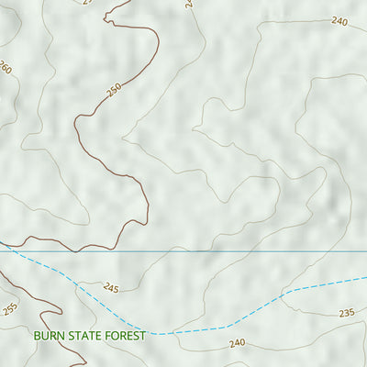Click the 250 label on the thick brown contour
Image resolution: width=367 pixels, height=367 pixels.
tap(114, 90)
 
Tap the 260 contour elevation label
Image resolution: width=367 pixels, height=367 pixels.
tap(6, 67)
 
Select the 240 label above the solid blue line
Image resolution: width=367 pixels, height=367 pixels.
tap(340, 21)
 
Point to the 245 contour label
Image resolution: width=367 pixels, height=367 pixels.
tap(111, 288)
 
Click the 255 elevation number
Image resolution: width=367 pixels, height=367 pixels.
tap(10, 309)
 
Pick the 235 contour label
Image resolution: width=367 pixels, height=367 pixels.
tap(346, 313)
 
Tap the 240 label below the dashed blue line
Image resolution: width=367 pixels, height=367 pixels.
tap(238, 343)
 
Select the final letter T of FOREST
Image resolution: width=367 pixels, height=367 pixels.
tap(142, 337)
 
